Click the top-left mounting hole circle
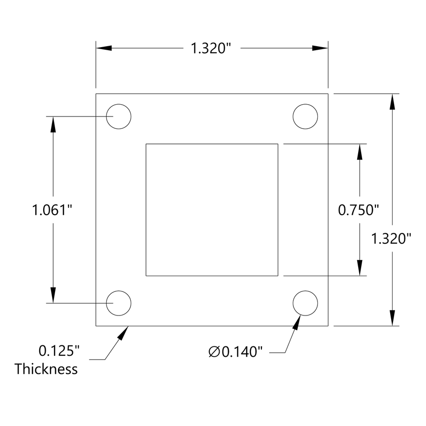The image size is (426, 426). point(119,117)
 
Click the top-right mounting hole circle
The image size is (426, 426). point(305,117)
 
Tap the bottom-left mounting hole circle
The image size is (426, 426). point(119,303)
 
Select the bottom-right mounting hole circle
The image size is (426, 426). point(305,303)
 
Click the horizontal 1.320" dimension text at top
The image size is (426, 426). point(211,48)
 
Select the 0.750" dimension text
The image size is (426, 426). point(359,210)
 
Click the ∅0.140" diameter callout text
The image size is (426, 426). point(235,352)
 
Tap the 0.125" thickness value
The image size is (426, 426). point(59,351)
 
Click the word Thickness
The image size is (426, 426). point(46,369)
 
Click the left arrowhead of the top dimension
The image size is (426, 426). point(104,48)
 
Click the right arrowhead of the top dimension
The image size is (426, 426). point(320,48)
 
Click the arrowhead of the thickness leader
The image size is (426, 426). point(123,333)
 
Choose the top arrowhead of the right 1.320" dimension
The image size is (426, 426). point(392,101)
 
